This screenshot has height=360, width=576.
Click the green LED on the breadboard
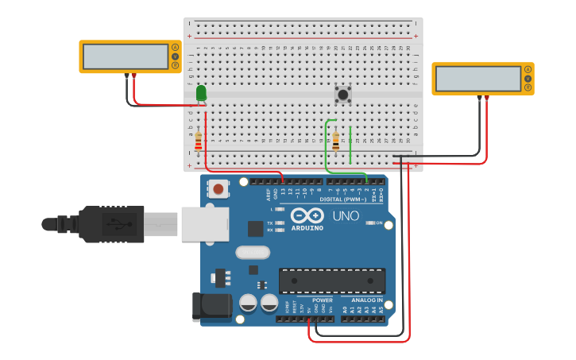201,93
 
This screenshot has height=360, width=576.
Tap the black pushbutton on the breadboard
343,95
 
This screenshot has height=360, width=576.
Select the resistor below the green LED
198,141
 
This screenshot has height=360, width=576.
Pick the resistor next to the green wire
335,141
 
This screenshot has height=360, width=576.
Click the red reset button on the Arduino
218,189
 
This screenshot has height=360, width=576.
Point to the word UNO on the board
346,215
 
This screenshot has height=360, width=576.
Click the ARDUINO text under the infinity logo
307,228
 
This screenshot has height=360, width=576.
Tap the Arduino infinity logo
307,215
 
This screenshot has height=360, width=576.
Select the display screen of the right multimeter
477,79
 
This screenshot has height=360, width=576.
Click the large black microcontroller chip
331,281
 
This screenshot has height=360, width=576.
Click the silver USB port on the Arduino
205,223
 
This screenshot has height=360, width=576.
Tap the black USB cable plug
111,223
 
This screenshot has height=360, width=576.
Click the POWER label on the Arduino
323,300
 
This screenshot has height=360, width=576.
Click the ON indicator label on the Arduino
379,223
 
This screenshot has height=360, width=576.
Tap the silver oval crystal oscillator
253,253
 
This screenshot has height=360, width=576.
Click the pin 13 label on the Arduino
283,191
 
